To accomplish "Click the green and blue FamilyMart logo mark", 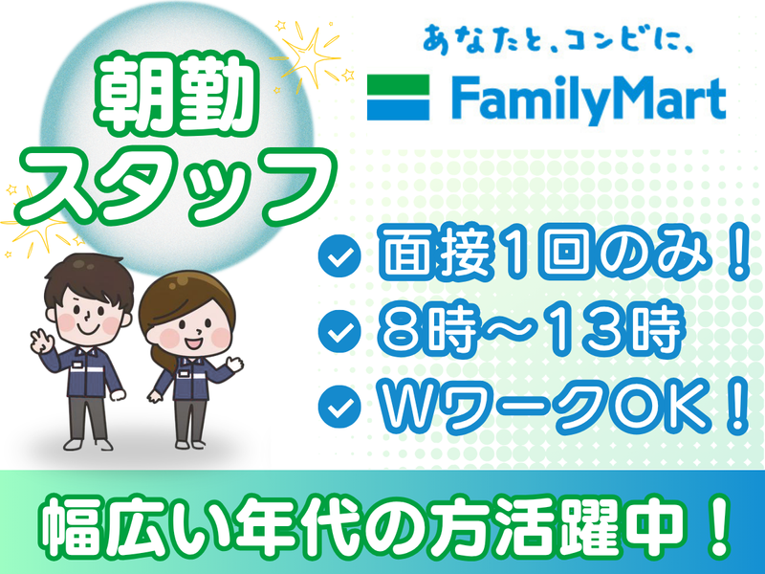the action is click(x=398, y=98).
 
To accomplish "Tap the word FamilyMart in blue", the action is click(x=589, y=100).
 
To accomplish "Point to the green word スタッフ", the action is click(x=176, y=187).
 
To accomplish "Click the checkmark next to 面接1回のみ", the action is click(x=339, y=255).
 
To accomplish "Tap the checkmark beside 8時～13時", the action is click(x=339, y=331).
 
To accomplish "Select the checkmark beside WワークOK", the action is click(x=339, y=407).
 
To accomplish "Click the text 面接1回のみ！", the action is click(x=564, y=255).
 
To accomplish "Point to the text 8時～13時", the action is click(x=530, y=331).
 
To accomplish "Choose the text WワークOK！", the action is click(x=564, y=406).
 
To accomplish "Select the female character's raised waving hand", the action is click(x=235, y=364).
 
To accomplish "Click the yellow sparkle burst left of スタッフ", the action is click(x=36, y=222).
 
